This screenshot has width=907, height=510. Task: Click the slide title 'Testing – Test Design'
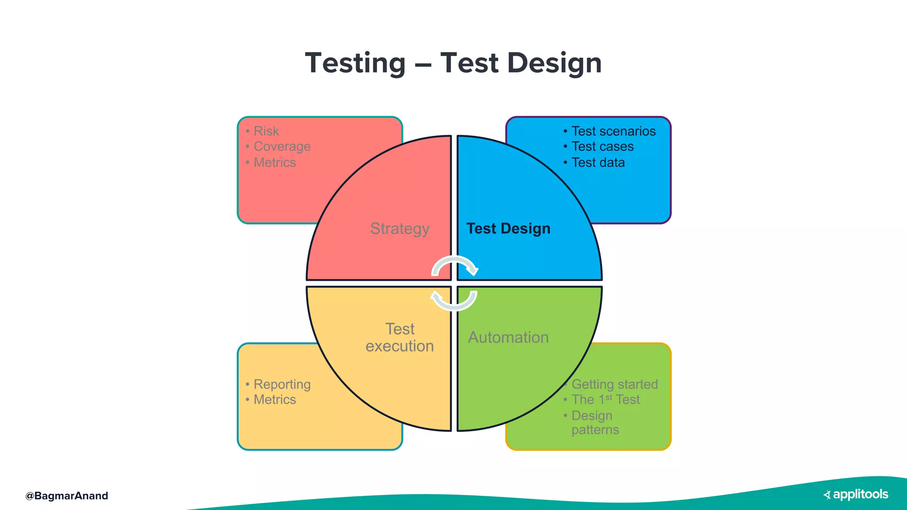pyautogui.click(x=453, y=63)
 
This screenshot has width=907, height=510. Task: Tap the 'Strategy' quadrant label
pyautogui.click(x=399, y=229)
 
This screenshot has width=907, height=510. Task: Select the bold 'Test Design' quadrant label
pyautogui.click(x=508, y=229)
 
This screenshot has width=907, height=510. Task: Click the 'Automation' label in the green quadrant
pyautogui.click(x=508, y=337)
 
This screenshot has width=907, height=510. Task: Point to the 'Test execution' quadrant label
pyautogui.click(x=399, y=337)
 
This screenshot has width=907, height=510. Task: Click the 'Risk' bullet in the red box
pyautogui.click(x=266, y=131)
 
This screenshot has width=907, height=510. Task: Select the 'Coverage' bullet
pyautogui.click(x=282, y=147)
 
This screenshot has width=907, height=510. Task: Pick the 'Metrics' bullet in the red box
pyautogui.click(x=275, y=162)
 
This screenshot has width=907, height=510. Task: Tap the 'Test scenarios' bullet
pyautogui.click(x=613, y=131)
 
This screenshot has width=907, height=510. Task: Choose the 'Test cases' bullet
pyautogui.click(x=602, y=147)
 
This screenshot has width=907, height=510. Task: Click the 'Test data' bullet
pyautogui.click(x=598, y=162)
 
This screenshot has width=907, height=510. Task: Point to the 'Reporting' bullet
pyautogui.click(x=282, y=384)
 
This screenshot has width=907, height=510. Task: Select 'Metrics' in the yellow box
pyautogui.click(x=275, y=400)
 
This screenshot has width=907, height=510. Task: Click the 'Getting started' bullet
pyautogui.click(x=615, y=384)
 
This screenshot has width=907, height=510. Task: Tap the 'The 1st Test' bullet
pyautogui.click(x=605, y=400)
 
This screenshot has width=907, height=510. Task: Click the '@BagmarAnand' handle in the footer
pyautogui.click(x=67, y=496)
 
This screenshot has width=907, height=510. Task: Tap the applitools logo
pyautogui.click(x=856, y=495)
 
